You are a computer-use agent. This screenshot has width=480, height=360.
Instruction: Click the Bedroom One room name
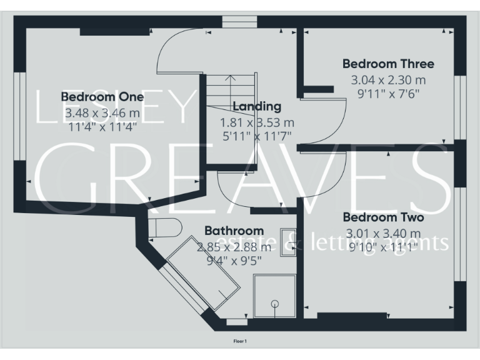coord(102,97)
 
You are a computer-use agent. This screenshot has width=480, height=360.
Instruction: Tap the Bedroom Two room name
coord(383,217)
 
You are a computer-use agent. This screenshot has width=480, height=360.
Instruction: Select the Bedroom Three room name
coord(387,64)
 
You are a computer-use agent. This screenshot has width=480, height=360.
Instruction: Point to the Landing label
coord(257,106)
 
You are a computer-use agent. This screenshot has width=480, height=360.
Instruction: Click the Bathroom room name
coord(234,231)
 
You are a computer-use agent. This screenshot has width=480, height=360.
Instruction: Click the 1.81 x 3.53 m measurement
coord(257,122)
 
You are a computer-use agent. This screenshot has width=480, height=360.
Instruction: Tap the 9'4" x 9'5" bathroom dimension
coord(234,261)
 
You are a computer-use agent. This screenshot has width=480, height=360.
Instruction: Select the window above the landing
coord(239,22)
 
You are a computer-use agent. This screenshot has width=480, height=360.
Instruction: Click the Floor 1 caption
coord(240,341)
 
